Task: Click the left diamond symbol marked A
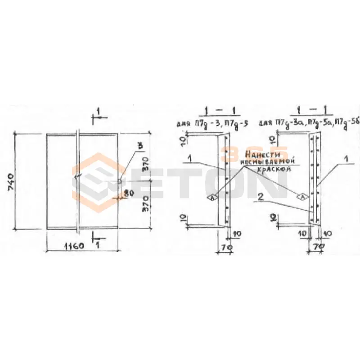coord(211,197)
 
